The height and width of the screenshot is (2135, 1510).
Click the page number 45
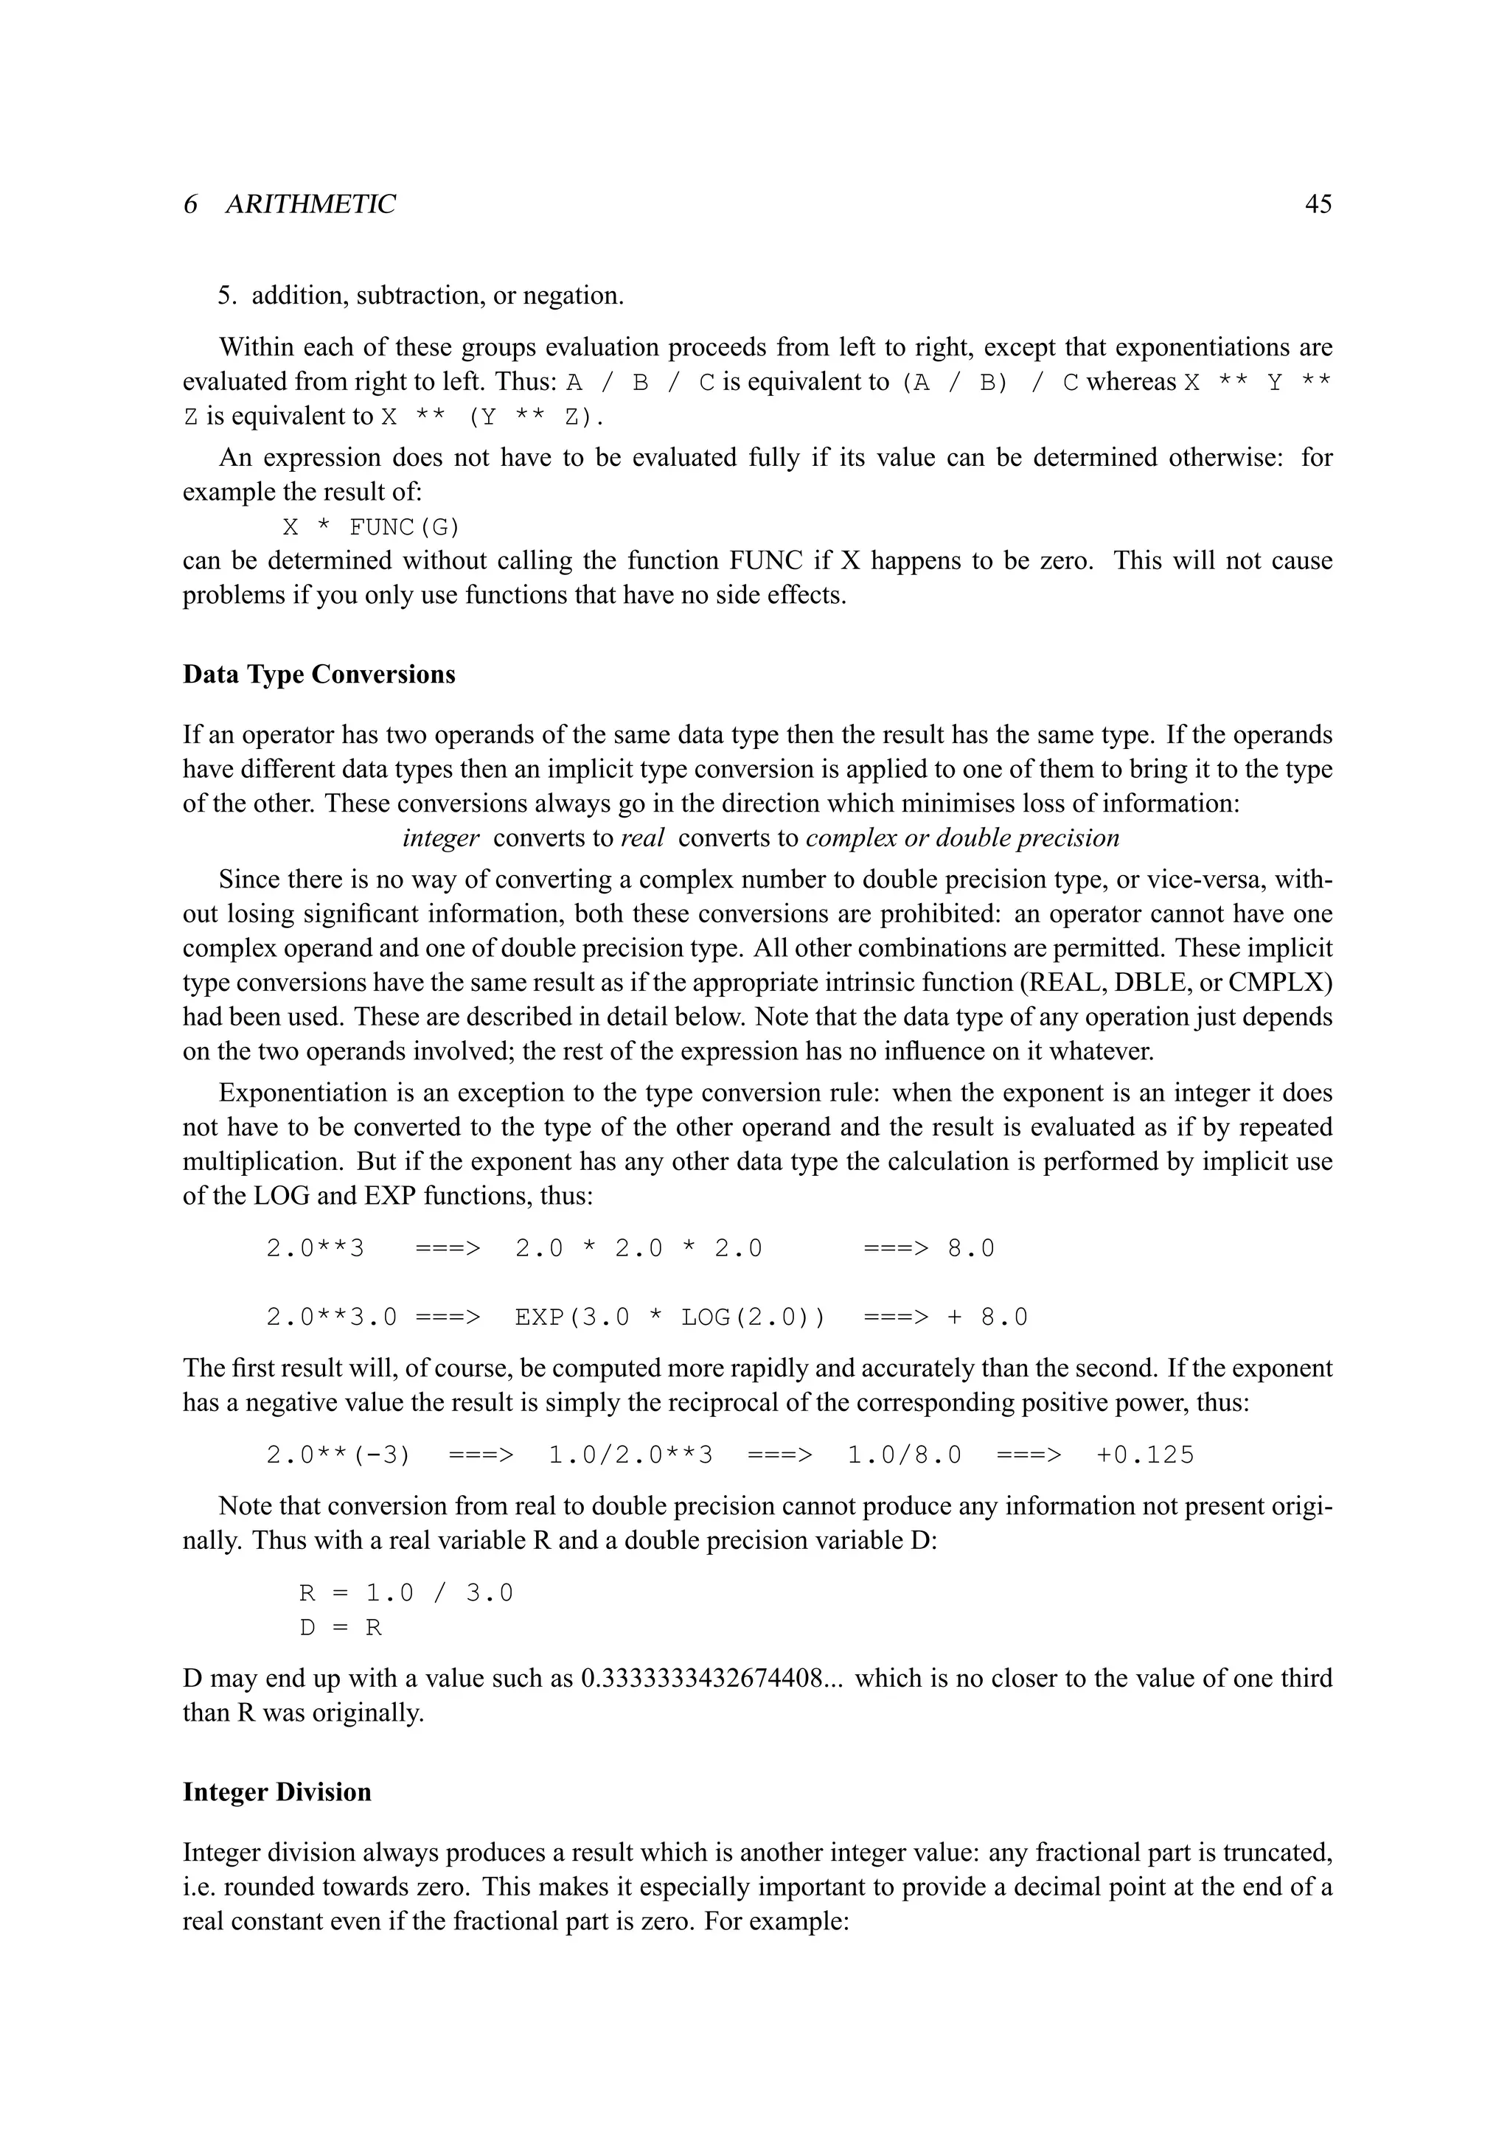point(1318,204)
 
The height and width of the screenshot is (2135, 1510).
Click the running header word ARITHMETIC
point(310,204)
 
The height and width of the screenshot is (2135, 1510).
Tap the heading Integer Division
point(277,1792)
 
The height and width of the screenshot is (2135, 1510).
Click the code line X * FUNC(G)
point(371,527)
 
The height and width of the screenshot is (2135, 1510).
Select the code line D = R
point(341,1627)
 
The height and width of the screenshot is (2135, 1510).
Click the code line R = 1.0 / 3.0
point(406,1593)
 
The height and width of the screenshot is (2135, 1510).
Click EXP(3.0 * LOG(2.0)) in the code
point(669,1317)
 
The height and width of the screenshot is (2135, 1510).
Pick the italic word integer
point(441,837)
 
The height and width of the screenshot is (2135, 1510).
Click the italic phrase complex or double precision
point(962,837)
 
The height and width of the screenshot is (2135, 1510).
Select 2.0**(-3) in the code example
point(338,1455)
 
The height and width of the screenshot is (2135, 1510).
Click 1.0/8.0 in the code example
point(904,1455)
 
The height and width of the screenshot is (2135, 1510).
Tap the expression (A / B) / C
point(989,382)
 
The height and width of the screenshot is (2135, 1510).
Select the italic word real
point(641,837)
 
